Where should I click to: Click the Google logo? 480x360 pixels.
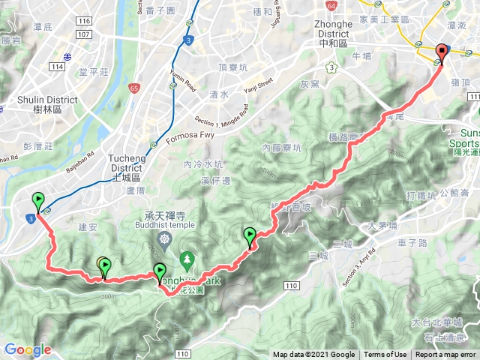pos(27,349)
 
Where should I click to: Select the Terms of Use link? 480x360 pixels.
pos(385,355)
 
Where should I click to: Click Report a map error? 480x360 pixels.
pos(445,355)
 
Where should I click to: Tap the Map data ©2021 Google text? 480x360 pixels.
pos(313,355)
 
